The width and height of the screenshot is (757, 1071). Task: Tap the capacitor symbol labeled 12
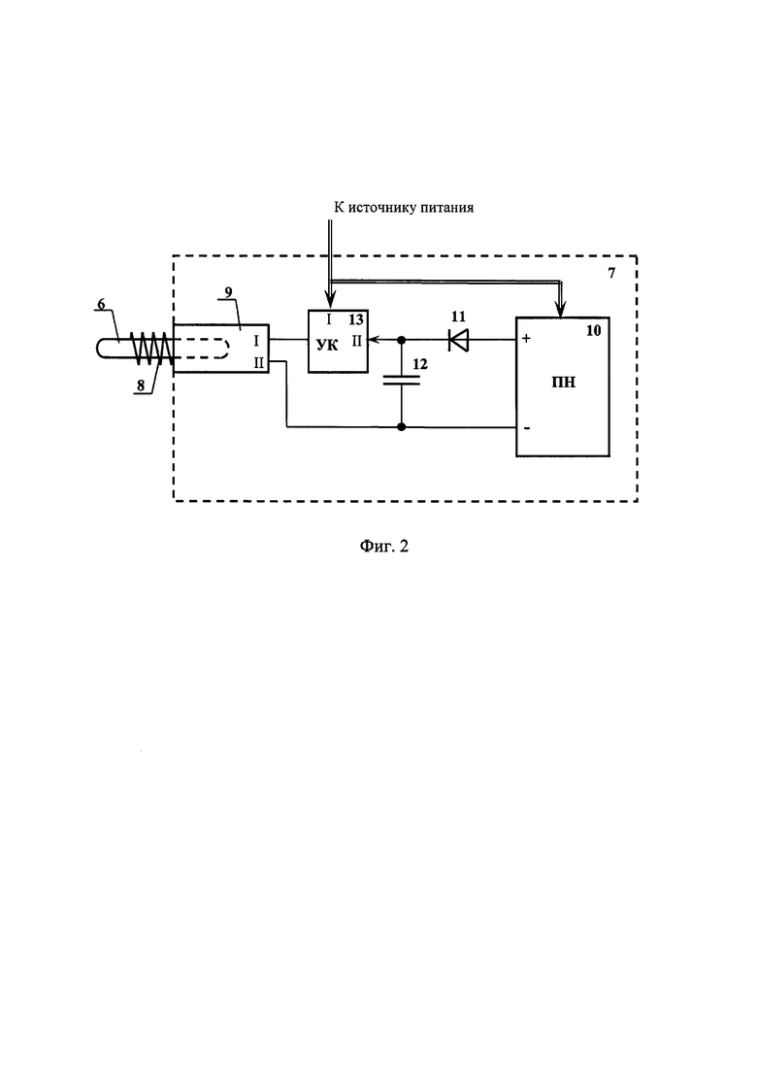tap(402, 380)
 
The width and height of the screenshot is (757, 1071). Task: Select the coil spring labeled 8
tap(150, 348)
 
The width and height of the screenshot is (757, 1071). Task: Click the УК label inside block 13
tap(328, 345)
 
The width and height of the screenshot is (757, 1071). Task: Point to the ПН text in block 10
tap(563, 382)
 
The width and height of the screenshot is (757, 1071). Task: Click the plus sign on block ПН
tap(527, 338)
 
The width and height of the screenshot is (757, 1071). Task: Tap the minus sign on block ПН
tap(526, 428)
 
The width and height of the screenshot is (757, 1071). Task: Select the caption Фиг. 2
tap(383, 546)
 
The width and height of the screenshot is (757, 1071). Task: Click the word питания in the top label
tap(447, 208)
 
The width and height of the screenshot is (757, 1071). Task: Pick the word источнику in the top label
tap(383, 208)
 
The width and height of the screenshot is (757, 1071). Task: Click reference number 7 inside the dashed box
tap(610, 273)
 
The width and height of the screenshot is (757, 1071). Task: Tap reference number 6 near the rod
tap(101, 304)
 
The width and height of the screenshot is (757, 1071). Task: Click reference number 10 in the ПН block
tap(593, 330)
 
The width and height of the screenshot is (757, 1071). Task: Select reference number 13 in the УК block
tap(355, 319)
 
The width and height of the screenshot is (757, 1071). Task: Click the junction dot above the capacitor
tap(402, 340)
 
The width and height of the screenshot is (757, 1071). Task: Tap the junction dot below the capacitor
tap(402, 427)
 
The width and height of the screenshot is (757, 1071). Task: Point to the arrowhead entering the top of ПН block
tap(561, 311)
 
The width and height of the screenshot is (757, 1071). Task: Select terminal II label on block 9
tap(259, 363)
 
